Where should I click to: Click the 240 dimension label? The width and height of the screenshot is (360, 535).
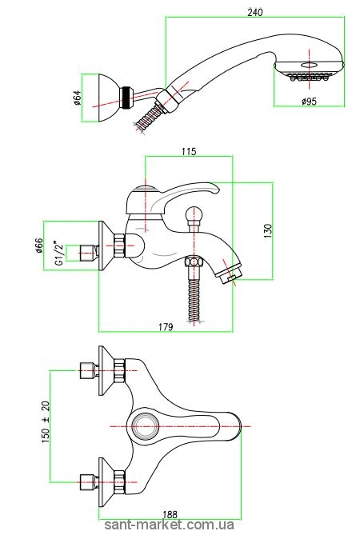tap(255, 12)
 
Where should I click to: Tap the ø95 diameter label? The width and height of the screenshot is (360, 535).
tap(309, 102)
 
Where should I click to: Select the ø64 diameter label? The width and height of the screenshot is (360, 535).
tap(77, 98)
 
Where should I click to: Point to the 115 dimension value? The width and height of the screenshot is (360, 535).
tap(189, 151)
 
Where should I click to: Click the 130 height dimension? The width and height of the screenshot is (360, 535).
tap(268, 231)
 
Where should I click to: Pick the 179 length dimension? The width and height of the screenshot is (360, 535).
tap(166, 327)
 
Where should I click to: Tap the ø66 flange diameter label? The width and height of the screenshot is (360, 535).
tap(39, 246)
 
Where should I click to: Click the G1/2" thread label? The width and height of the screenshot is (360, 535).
tap(59, 254)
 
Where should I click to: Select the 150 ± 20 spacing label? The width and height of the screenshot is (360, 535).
tap(46, 422)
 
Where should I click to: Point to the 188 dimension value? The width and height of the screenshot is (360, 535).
tap(170, 514)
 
